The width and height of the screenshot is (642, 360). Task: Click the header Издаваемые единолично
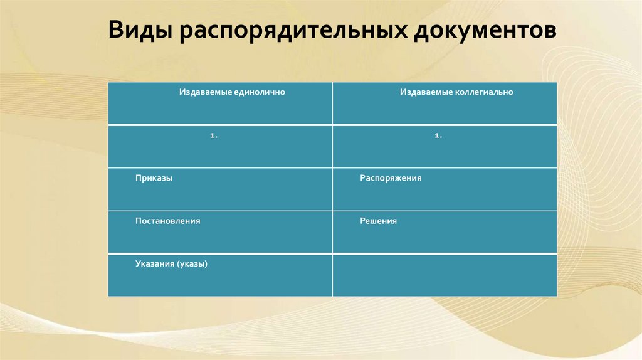pyautogui.click(x=232, y=92)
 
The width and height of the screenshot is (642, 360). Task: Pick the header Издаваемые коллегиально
pyautogui.click(x=456, y=92)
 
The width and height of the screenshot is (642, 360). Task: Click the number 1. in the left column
pyautogui.click(x=214, y=135)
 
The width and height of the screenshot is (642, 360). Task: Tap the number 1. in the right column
pyautogui.click(x=438, y=135)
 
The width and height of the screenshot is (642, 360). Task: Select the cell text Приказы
pyautogui.click(x=154, y=178)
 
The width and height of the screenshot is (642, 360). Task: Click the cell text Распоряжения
pyautogui.click(x=391, y=178)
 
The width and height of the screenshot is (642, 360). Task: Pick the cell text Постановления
pyautogui.click(x=167, y=221)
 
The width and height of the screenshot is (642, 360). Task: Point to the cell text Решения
pyautogui.click(x=378, y=221)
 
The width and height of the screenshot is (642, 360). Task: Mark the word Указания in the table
pyautogui.click(x=154, y=264)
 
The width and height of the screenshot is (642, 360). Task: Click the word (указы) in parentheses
pyautogui.click(x=192, y=264)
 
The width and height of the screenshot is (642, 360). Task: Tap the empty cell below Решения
pyautogui.click(x=445, y=275)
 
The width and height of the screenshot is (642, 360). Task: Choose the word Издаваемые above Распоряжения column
pyautogui.click(x=427, y=92)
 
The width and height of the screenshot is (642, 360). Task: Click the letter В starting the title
pyautogui.click(x=116, y=32)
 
